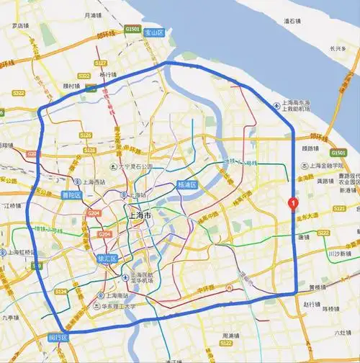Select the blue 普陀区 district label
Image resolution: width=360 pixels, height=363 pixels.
pyautogui.click(x=71, y=194)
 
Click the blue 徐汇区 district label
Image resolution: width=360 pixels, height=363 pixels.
pyautogui.click(x=107, y=259)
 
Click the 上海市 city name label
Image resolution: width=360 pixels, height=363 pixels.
pyautogui.click(x=138, y=216)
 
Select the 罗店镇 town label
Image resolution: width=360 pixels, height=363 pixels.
pyautogui.click(x=19, y=25)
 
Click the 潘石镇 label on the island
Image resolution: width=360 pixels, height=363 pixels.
pyautogui.click(x=292, y=21)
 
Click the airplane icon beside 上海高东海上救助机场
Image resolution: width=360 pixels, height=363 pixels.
pyautogui.click(x=277, y=106)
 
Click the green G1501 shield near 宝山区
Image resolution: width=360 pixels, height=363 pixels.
pyautogui.click(x=132, y=30)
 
